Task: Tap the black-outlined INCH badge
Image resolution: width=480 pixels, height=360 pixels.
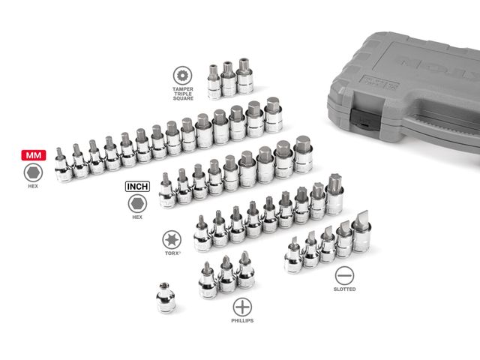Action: (136, 184)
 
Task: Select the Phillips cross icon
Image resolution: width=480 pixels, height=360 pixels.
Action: (241, 306)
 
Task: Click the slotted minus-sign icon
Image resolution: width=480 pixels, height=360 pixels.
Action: (344, 274)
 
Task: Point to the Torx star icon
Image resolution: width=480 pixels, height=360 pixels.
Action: (172, 239)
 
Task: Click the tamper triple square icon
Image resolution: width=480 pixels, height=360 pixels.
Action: (181, 75)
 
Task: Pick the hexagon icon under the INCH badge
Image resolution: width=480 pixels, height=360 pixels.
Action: (136, 203)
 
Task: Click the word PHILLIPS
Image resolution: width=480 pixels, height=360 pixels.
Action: (241, 321)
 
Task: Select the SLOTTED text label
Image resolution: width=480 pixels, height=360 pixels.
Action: (344, 289)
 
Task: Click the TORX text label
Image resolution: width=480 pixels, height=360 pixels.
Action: (172, 254)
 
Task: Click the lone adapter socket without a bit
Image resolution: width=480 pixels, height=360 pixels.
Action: (166, 298)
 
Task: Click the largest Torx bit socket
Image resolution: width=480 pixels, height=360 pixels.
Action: (334, 193)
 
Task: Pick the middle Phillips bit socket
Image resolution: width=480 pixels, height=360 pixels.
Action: (226, 273)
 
